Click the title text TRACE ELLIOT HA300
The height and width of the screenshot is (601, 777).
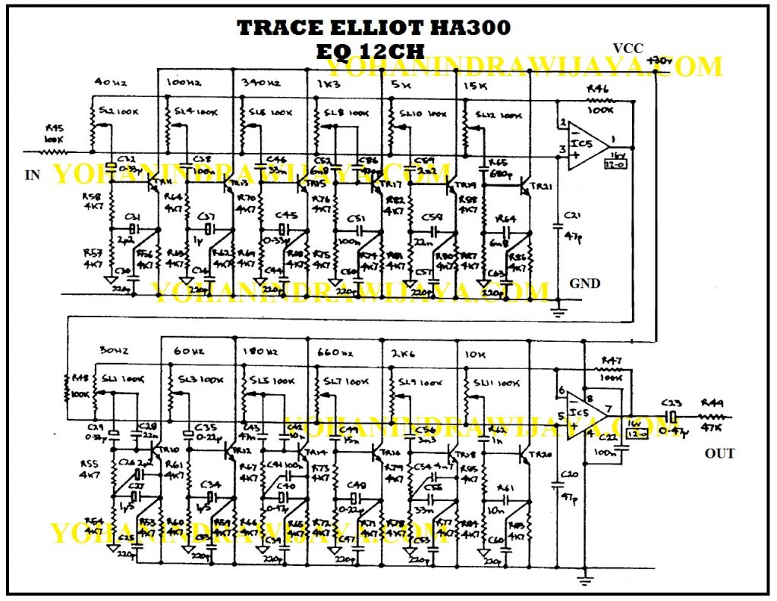click(373, 29)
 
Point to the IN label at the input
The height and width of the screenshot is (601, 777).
click(33, 175)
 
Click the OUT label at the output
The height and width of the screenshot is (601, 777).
click(719, 453)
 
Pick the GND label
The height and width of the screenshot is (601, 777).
click(585, 283)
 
